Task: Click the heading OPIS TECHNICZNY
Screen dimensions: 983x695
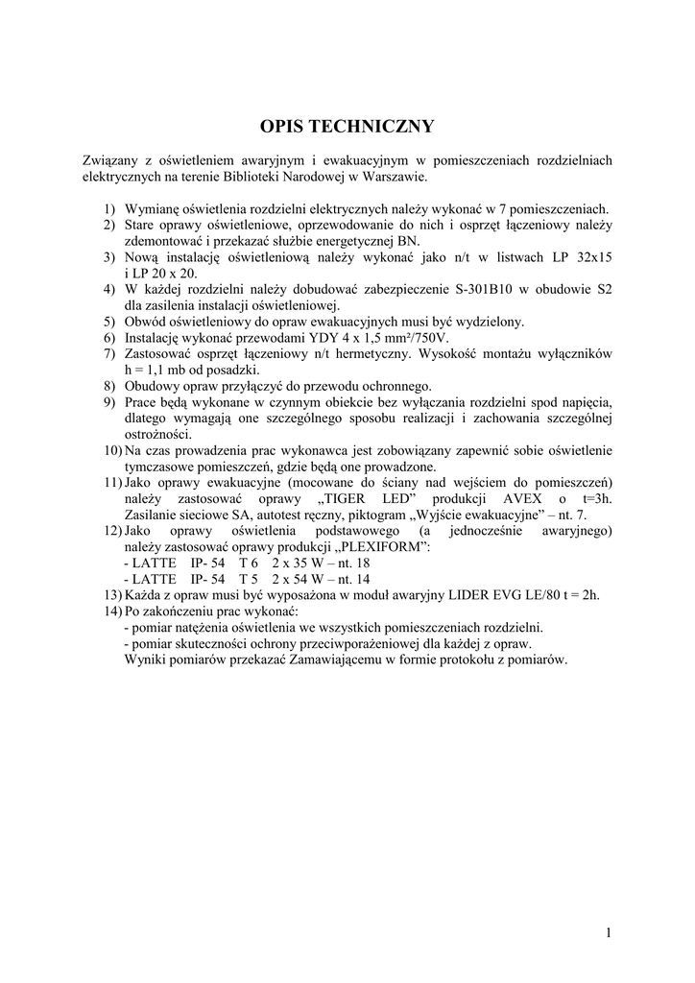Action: click(x=347, y=127)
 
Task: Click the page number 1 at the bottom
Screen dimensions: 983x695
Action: click(x=609, y=930)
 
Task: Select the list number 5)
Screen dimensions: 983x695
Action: click(x=110, y=321)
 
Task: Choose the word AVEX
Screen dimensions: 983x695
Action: click(x=524, y=498)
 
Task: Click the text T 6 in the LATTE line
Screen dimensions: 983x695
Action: click(x=250, y=563)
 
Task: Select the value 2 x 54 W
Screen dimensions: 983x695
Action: click(x=298, y=579)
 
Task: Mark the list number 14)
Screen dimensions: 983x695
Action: click(x=110, y=611)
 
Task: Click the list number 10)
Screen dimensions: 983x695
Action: click(x=110, y=450)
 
